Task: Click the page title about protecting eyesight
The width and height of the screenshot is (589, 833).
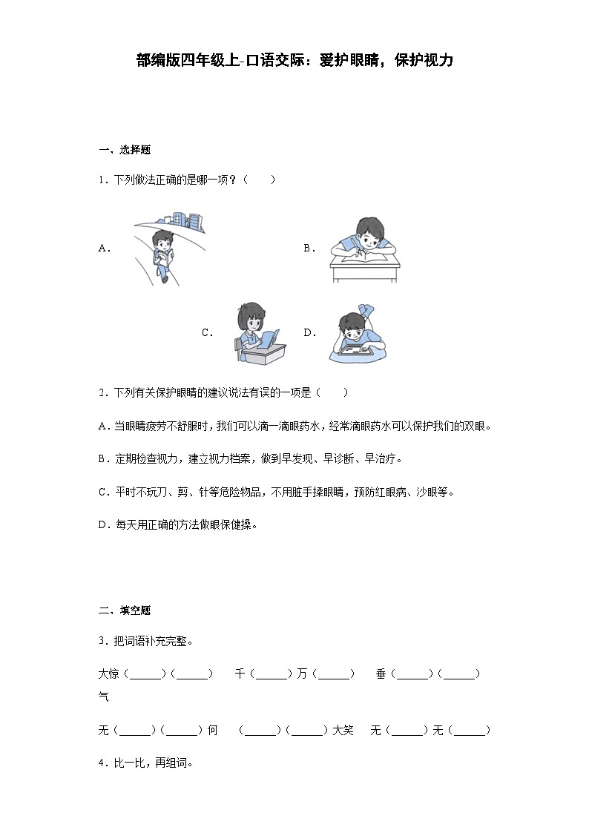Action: [294, 61]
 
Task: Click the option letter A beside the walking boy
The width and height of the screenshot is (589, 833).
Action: [104, 249]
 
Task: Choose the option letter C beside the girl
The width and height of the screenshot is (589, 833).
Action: [207, 333]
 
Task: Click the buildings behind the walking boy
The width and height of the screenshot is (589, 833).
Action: [185, 220]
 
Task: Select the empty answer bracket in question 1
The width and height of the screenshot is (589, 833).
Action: [259, 180]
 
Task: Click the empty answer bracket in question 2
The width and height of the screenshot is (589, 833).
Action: [332, 392]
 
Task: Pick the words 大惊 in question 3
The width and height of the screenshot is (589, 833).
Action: [108, 674]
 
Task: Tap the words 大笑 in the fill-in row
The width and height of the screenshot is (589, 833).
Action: [343, 731]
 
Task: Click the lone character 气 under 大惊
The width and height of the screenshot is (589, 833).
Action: [104, 697]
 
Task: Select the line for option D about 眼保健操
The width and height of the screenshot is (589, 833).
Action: [177, 524]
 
